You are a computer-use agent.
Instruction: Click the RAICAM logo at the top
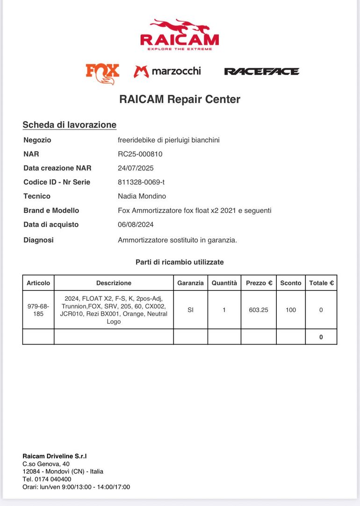pos(180,35)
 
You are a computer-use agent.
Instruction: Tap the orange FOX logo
pos(102,73)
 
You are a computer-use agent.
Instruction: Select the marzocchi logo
pos(167,71)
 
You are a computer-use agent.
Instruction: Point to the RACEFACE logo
pos(261,72)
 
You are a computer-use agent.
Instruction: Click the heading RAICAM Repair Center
pos(180,99)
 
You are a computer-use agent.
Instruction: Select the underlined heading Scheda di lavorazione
pos(69,125)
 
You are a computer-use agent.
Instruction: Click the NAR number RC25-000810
pos(140,154)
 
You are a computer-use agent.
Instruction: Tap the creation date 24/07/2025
pos(136,168)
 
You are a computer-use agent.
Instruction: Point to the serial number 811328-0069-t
pos(141,182)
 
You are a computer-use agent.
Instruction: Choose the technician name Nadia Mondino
pos(142,196)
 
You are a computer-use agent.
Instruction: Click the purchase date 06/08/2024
pos(136,224)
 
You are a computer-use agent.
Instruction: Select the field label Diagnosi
pos(38,240)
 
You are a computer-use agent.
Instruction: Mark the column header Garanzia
pos(190,283)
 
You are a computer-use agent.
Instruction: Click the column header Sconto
pos(291,283)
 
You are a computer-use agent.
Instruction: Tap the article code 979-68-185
pos(38,310)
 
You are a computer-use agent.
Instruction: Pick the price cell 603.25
pos(259,310)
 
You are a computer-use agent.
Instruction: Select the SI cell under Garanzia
pos(190,310)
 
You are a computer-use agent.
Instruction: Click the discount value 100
pos(291,310)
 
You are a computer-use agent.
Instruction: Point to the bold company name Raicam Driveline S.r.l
pos(55,456)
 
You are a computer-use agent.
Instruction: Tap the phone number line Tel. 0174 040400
pos(47,479)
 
